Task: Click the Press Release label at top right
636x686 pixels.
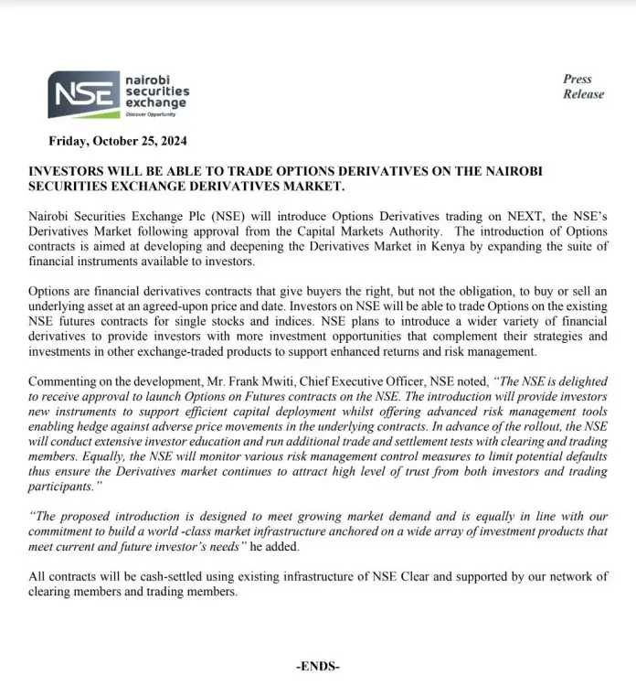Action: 582,87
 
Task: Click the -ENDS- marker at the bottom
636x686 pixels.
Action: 318,667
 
